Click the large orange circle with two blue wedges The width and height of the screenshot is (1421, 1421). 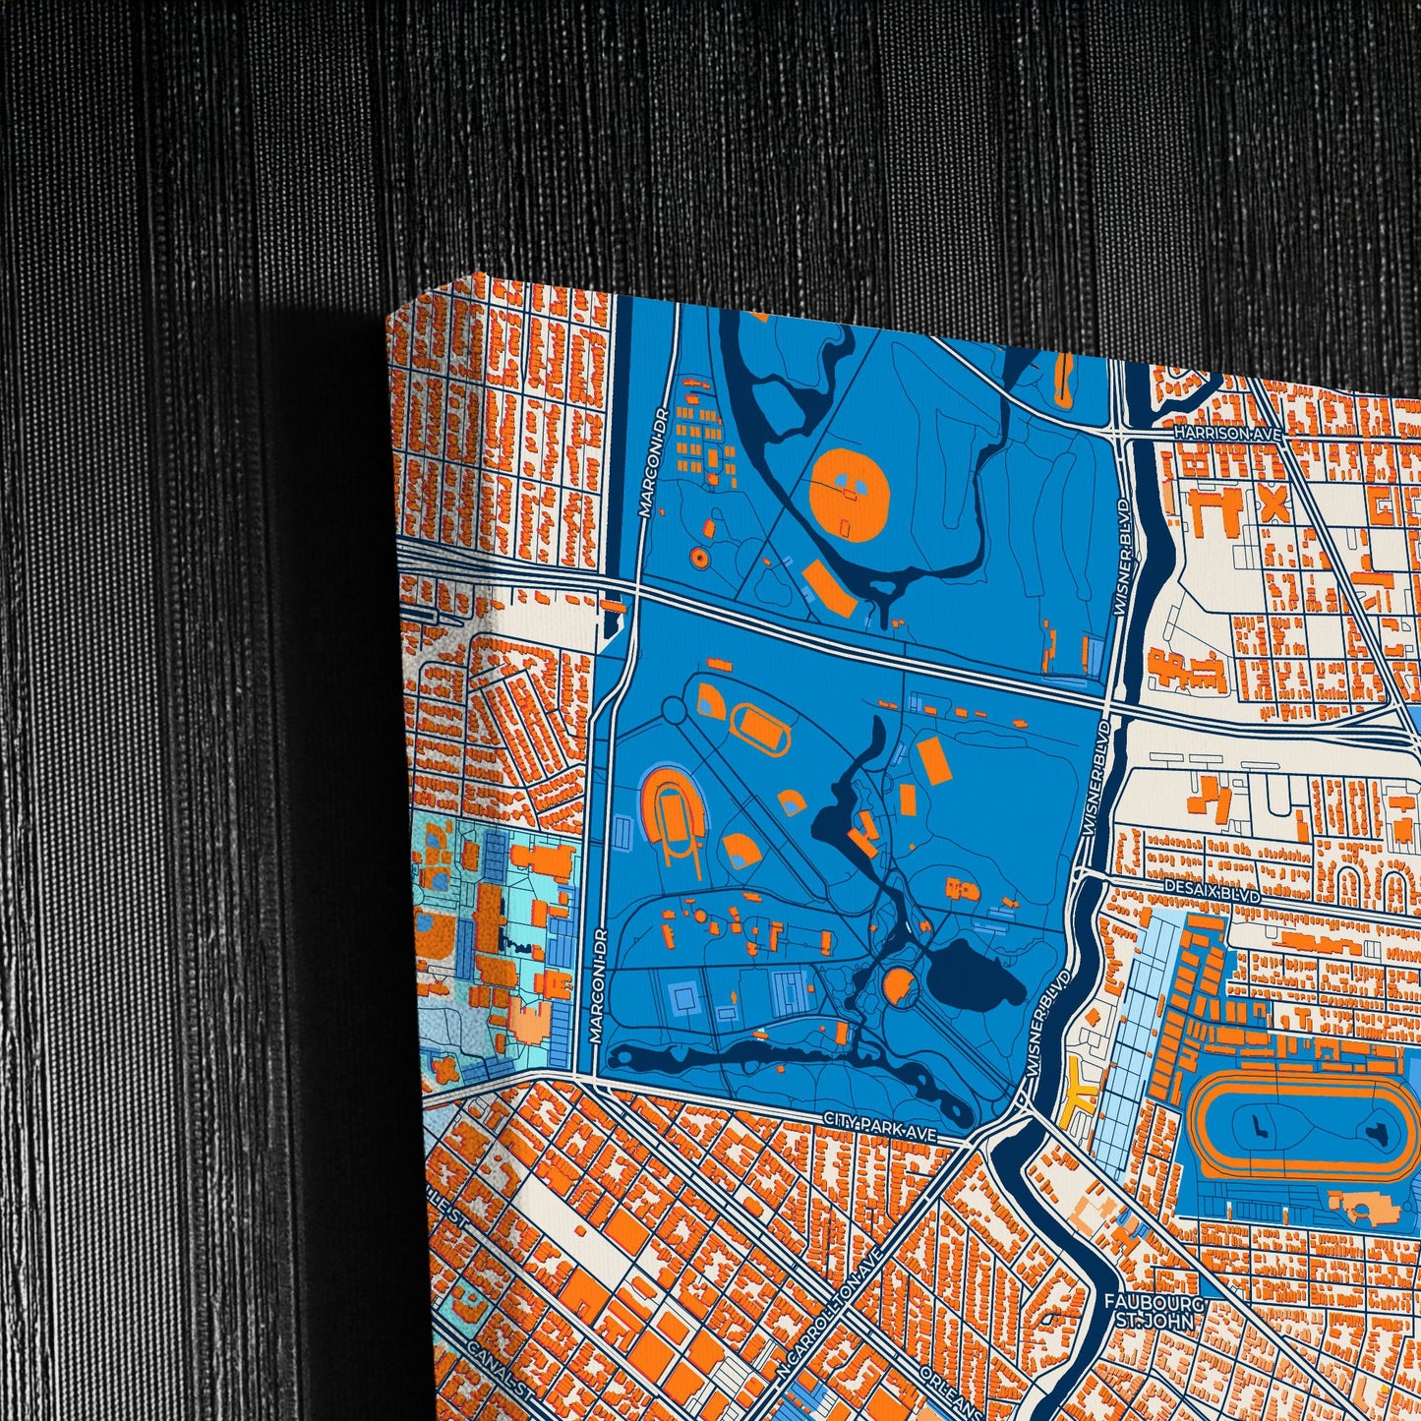point(850,492)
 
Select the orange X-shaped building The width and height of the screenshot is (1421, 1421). point(1273,505)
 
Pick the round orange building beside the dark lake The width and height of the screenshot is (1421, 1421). point(898,984)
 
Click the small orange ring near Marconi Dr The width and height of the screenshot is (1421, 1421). point(699,557)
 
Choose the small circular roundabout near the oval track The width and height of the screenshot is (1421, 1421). point(673,708)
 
